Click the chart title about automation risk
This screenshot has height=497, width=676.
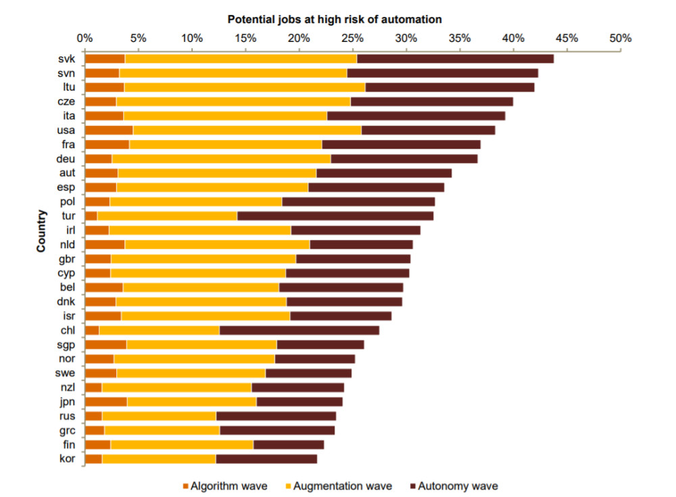[334, 19]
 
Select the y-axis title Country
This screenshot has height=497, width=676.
[41, 231]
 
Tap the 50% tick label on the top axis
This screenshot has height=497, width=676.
[619, 38]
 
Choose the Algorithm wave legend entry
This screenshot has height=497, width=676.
[224, 486]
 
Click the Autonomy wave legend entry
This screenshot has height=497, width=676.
[453, 486]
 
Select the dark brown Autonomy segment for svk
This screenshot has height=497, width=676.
[455, 59]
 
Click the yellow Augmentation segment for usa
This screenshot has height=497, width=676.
[247, 130]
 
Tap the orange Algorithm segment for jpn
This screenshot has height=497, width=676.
[106, 402]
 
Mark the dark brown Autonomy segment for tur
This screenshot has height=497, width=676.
[335, 216]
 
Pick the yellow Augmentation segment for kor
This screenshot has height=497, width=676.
[159, 459]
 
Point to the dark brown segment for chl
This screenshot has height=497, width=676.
[299, 330]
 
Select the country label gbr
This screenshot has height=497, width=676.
[66, 259]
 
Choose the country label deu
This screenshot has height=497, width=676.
[66, 158]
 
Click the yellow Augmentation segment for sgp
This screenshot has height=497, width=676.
[201, 345]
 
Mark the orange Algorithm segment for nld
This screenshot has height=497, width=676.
[105, 244]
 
